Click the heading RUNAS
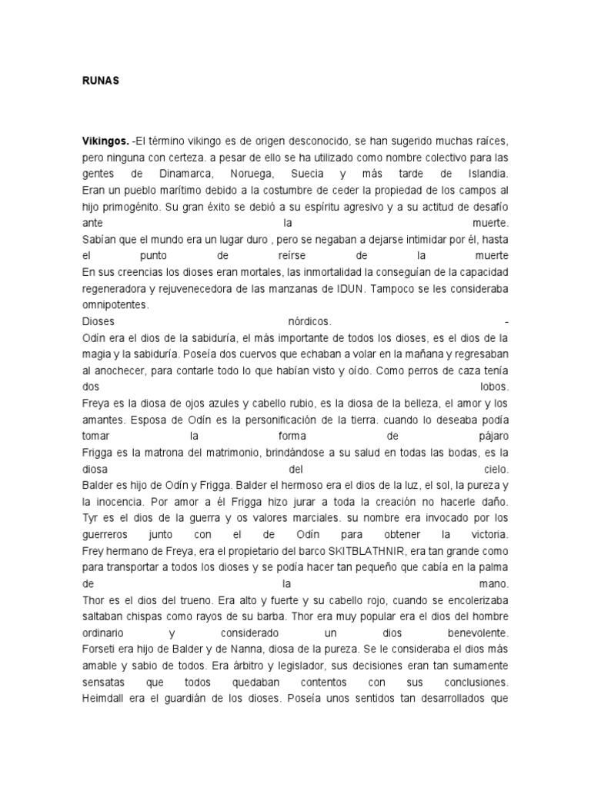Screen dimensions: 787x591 coord(100,80)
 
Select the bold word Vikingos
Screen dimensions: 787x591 coord(105,142)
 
